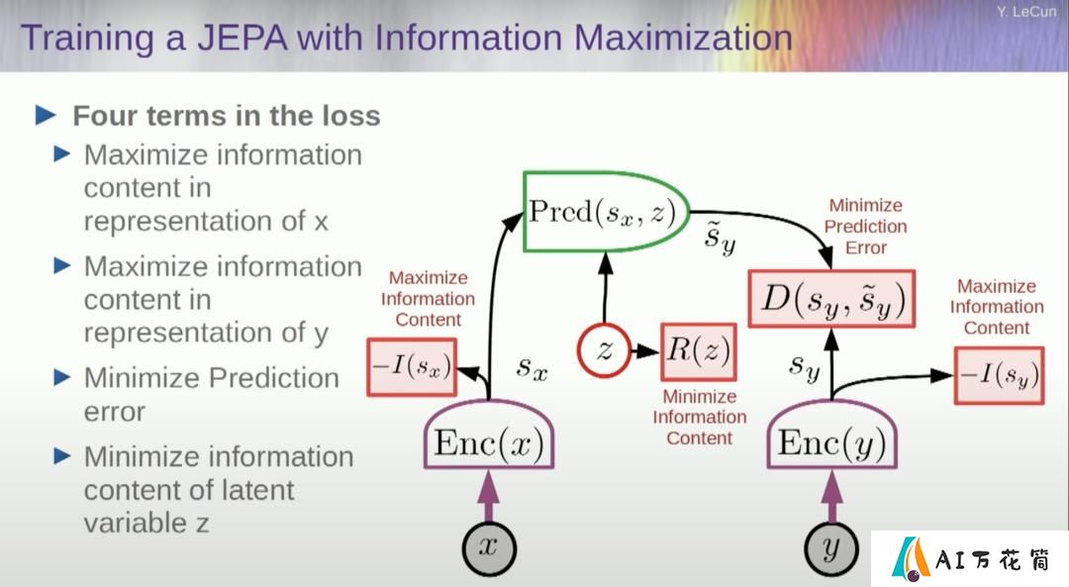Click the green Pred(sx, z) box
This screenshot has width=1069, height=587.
(606, 212)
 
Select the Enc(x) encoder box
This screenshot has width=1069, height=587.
(488, 435)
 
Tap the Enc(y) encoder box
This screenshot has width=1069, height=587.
(831, 435)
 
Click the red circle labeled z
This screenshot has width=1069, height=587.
(604, 350)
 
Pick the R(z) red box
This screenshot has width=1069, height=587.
(699, 351)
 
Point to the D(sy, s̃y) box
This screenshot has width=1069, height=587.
(831, 299)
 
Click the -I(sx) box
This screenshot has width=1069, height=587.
(412, 367)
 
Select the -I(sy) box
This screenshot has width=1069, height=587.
(999, 375)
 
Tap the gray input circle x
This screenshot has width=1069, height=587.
(489, 547)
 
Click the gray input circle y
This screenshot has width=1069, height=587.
(831, 548)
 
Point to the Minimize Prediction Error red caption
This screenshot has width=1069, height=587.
(866, 227)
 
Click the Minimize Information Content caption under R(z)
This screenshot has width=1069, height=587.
(700, 418)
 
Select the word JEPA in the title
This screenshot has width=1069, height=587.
(243, 39)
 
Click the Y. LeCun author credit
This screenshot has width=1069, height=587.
(1026, 12)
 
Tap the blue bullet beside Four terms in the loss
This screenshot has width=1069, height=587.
(46, 115)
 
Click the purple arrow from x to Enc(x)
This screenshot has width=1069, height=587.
(488, 496)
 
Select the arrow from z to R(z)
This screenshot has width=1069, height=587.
(645, 351)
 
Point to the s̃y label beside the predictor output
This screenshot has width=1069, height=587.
(720, 239)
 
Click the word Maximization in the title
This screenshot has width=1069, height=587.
(683, 39)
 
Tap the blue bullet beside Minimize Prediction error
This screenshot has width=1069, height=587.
(62, 377)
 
